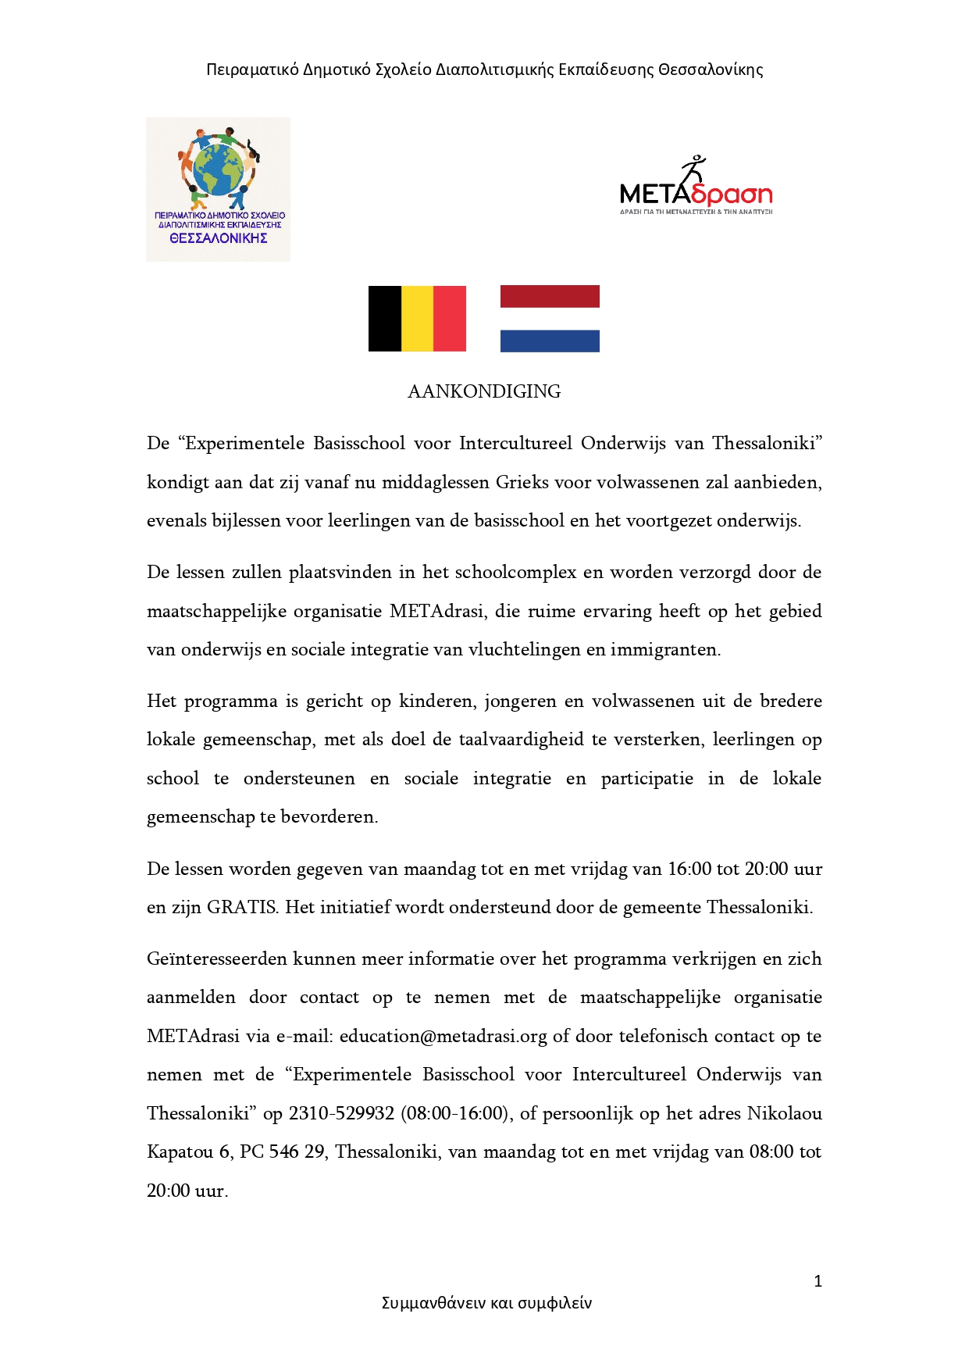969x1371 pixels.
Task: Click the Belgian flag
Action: (417, 318)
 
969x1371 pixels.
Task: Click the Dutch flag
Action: (550, 318)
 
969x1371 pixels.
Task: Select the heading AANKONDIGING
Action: (484, 391)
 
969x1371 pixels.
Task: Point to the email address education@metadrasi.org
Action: (443, 1036)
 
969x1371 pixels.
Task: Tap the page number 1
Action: (818, 1281)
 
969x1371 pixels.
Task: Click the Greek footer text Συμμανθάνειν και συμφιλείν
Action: (486, 1303)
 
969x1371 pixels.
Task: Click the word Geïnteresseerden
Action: (216, 959)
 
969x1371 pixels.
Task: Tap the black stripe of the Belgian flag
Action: (384, 318)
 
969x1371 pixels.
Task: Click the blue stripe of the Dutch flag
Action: (550, 341)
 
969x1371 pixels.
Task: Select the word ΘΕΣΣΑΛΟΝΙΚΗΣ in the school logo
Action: (219, 238)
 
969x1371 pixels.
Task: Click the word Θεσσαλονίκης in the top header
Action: (711, 70)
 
